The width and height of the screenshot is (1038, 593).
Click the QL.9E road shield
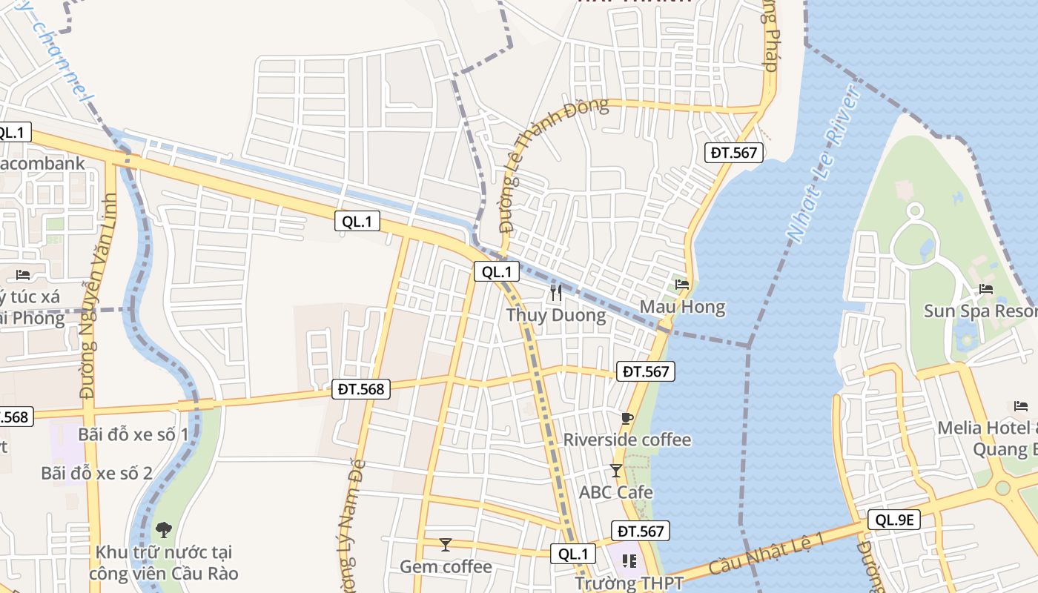pyautogui.click(x=893, y=520)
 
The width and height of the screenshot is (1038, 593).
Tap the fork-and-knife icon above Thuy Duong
pyautogui.click(x=556, y=293)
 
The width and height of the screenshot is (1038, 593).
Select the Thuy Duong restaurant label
pyautogui.click(x=556, y=316)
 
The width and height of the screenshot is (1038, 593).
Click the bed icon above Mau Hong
pyautogui.click(x=682, y=284)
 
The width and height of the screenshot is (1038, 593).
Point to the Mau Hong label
pyautogui.click(x=682, y=307)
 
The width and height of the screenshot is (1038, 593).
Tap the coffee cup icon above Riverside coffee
pyautogui.click(x=627, y=418)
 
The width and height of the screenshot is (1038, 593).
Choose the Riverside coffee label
pyautogui.click(x=627, y=440)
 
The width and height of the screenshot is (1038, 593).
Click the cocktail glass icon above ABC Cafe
pyautogui.click(x=615, y=470)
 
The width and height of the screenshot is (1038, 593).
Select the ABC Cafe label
pyautogui.click(x=616, y=492)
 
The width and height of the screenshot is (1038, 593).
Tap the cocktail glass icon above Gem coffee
pyautogui.click(x=445, y=545)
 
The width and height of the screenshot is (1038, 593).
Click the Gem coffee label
pyautogui.click(x=446, y=567)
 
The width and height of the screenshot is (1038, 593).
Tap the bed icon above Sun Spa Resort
pyautogui.click(x=985, y=288)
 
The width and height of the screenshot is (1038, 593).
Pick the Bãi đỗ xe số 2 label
pyautogui.click(x=96, y=473)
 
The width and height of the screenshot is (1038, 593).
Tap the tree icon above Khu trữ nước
pyautogui.click(x=163, y=529)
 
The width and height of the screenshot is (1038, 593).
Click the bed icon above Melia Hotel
pyautogui.click(x=1021, y=405)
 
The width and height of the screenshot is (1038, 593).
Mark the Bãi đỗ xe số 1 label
pyautogui.click(x=133, y=434)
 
